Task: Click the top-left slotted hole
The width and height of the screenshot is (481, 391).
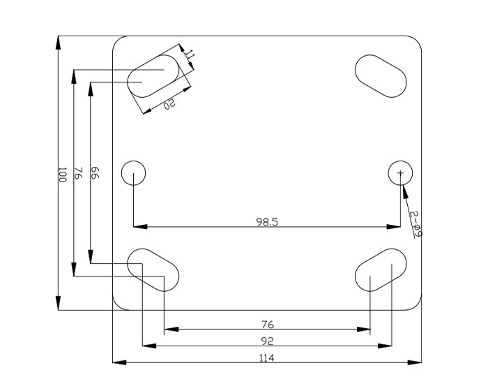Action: (153, 73)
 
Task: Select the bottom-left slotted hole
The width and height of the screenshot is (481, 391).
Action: (154, 269)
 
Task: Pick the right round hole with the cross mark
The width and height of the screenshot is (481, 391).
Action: (400, 172)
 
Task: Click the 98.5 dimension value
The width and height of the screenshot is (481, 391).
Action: (267, 221)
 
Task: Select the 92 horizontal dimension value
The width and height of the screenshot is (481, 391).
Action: (267, 341)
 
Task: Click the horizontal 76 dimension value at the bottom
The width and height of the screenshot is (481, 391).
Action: (267, 324)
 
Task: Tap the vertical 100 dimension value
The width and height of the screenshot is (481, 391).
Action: (61, 175)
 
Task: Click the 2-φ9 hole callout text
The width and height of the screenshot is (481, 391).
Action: (415, 223)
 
